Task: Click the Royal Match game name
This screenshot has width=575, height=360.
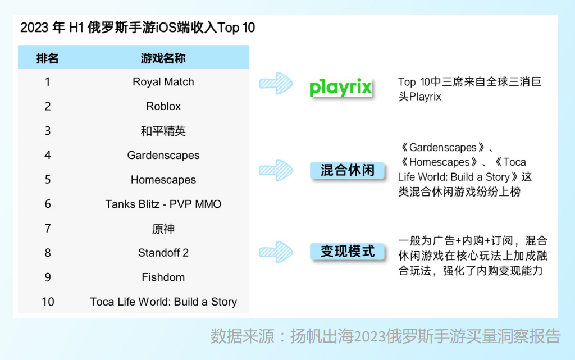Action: pyautogui.click(x=163, y=82)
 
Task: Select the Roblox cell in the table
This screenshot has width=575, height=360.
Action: pyautogui.click(x=163, y=106)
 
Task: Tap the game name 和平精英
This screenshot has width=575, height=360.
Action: pyautogui.click(x=163, y=131)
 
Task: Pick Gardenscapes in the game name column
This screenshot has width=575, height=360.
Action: pyautogui.click(x=163, y=155)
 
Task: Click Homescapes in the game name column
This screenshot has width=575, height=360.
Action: pyautogui.click(x=163, y=180)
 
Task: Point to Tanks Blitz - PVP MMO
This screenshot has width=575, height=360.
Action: pyautogui.click(x=163, y=204)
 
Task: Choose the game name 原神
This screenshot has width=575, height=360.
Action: pyautogui.click(x=163, y=229)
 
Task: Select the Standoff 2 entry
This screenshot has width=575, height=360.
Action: pyautogui.click(x=163, y=253)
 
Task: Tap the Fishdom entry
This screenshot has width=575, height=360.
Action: pyautogui.click(x=163, y=277)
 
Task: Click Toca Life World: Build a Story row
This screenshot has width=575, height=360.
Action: pyautogui.click(x=163, y=302)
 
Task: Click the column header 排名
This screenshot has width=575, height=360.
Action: pyautogui.click(x=48, y=58)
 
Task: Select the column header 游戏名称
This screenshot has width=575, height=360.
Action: pyautogui.click(x=163, y=58)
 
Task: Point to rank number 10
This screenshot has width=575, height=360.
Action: pyautogui.click(x=48, y=302)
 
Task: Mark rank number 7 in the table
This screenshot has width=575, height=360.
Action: pyautogui.click(x=48, y=229)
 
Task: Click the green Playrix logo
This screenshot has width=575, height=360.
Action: pyautogui.click(x=341, y=88)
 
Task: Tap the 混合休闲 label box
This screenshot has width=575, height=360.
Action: pyautogui.click(x=348, y=170)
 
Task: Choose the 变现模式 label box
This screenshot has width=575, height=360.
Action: pyautogui.click(x=348, y=251)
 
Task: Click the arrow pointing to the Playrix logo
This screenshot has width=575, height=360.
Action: pyautogui.click(x=276, y=83)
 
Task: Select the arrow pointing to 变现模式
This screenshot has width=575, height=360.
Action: pyautogui.click(x=276, y=251)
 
